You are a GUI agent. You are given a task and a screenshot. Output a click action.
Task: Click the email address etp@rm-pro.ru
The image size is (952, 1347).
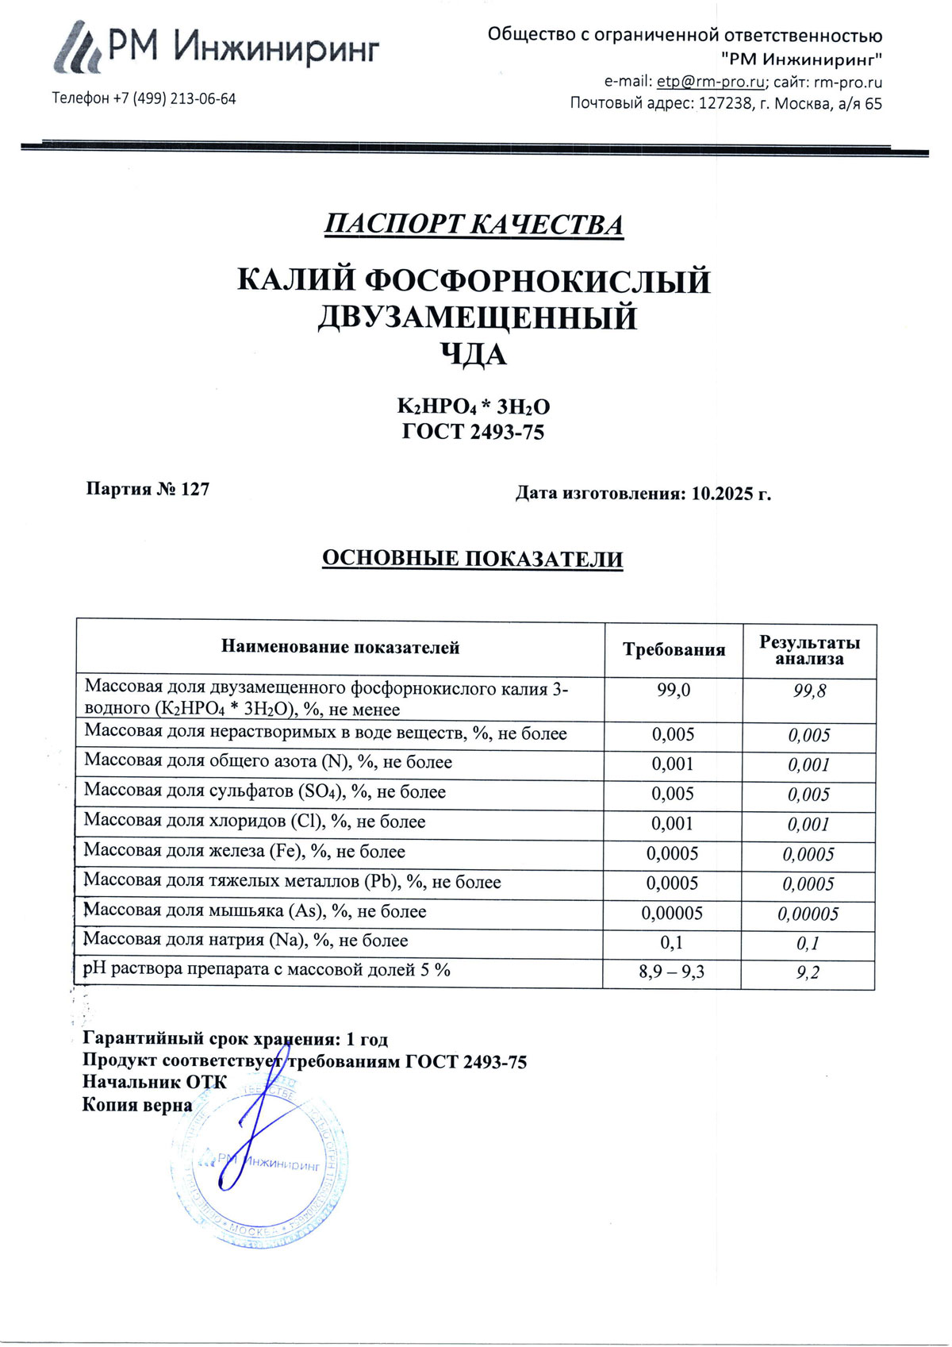[711, 82]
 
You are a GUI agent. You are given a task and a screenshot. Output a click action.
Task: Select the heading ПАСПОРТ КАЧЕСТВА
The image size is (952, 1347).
[474, 225]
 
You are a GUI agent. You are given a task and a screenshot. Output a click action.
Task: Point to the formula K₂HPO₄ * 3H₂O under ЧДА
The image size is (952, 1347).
[474, 407]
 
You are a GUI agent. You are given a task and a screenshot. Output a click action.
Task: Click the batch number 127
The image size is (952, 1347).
[195, 489]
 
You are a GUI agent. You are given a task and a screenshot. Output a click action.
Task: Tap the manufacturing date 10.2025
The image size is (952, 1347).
[723, 494]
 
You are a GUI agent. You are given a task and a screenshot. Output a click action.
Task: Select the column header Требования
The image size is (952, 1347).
[674, 650]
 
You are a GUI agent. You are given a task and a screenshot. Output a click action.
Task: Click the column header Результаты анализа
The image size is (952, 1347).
[809, 650]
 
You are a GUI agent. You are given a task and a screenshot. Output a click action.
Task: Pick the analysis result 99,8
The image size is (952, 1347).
[809, 691]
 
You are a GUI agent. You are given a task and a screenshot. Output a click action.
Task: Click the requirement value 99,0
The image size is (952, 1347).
[674, 691]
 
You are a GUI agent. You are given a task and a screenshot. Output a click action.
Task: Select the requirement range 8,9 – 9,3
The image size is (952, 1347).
[672, 972]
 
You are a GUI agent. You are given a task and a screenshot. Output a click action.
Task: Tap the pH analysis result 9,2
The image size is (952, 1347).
[808, 973]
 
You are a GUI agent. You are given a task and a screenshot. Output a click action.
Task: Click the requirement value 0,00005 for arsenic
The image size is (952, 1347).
[672, 913]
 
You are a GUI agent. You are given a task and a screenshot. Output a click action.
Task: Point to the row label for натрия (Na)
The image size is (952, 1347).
[246, 941]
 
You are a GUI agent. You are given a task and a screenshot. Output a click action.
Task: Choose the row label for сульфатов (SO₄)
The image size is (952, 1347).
[265, 791]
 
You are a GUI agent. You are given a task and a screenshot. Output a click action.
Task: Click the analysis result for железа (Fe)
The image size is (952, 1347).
[808, 854]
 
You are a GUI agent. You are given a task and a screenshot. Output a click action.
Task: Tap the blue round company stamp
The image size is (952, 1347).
[259, 1164]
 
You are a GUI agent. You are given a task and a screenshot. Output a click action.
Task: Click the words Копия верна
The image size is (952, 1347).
[137, 1105]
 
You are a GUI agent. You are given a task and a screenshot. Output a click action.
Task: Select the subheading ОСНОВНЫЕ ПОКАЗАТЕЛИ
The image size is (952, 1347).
[472, 559]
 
